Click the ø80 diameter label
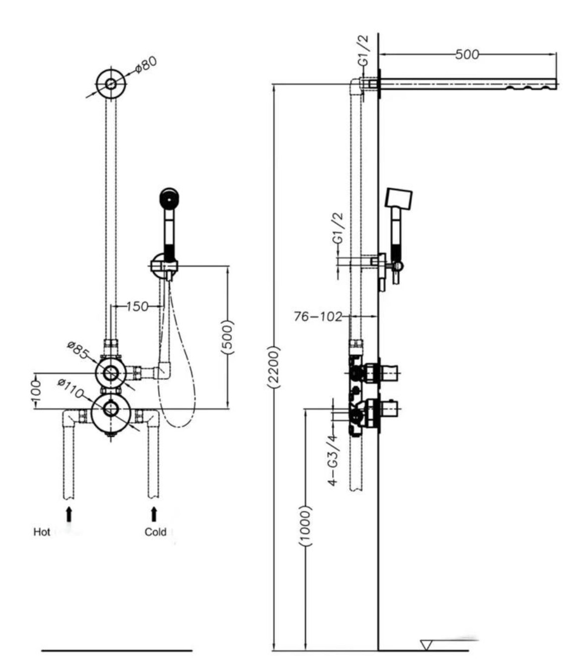click(146, 65)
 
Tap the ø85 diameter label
click(79, 349)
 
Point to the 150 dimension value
click(138, 306)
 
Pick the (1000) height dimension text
click(305, 526)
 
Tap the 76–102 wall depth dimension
click(318, 317)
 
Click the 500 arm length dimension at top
click(466, 54)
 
